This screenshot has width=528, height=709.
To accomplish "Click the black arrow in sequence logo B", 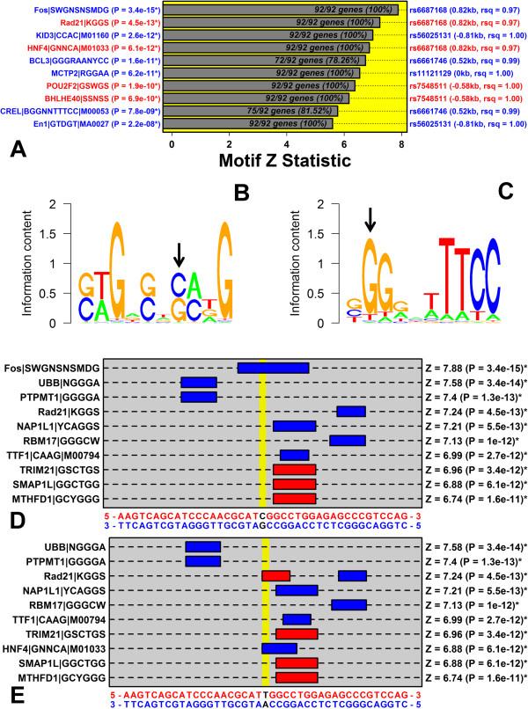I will coord(180,254).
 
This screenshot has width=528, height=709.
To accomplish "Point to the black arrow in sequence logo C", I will coord(370,221).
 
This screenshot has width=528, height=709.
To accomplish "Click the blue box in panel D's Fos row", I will coord(273,368).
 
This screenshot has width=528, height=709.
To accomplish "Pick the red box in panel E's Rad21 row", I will coord(275,574).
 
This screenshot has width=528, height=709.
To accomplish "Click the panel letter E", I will coord(15,694).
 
